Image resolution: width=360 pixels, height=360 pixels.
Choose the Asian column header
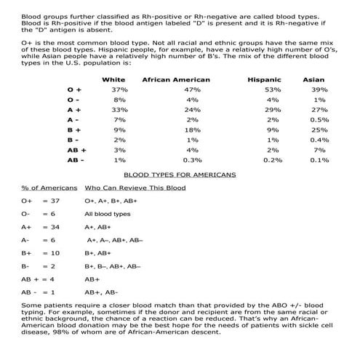click(x=313, y=79)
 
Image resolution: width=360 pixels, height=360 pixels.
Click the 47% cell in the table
click(x=192, y=89)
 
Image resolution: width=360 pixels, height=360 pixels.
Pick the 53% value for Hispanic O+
click(x=273, y=89)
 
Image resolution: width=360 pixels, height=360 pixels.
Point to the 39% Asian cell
click(x=318, y=89)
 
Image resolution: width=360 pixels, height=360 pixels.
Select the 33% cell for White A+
click(x=120, y=109)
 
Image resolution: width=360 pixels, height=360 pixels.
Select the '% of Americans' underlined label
click(x=46, y=188)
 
